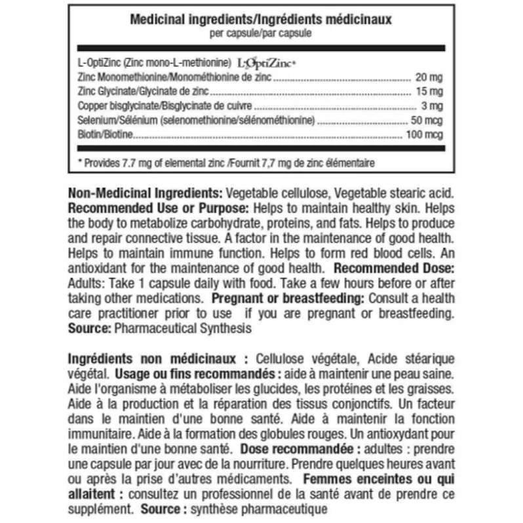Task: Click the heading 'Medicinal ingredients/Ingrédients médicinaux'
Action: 261,20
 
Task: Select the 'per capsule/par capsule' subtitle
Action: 261,33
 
